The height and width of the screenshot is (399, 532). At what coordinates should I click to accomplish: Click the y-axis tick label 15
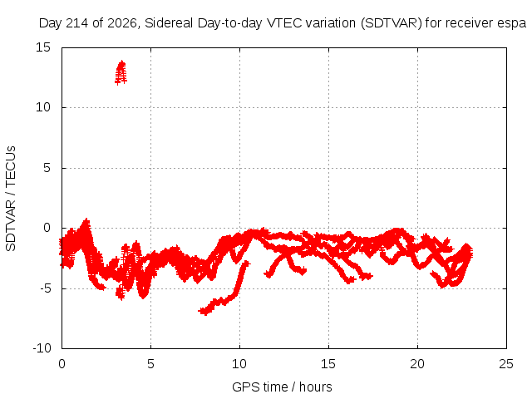pos(43,47)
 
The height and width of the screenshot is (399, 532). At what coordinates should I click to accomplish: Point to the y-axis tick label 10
pos(43,107)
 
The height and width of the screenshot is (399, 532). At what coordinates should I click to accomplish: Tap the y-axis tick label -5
pos(45,288)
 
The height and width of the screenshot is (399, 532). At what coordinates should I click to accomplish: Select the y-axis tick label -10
pos(42,348)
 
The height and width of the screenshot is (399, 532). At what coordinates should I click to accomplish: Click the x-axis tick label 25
pos(506,364)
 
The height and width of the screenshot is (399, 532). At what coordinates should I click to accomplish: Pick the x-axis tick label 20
pos(417,364)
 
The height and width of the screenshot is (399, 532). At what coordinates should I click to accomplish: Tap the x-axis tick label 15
pos(328,364)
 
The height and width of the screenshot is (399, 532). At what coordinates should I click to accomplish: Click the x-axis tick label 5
pos(150,364)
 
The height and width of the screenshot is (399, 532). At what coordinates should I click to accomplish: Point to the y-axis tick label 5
pos(47,168)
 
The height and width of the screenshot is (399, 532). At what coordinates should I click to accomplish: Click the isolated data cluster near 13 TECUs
pos(121,72)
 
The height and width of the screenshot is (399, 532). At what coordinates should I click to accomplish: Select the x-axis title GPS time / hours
pos(282,387)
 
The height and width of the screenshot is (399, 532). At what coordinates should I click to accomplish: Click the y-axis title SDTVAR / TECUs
pos(11,199)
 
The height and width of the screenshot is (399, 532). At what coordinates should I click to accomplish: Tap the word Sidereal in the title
pos(169,23)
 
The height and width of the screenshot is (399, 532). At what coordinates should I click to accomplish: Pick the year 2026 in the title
pos(122,23)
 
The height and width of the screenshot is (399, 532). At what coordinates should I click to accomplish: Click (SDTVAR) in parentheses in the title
pos(392,23)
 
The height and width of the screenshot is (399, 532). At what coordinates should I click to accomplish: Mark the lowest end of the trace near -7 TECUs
pos(202,310)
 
